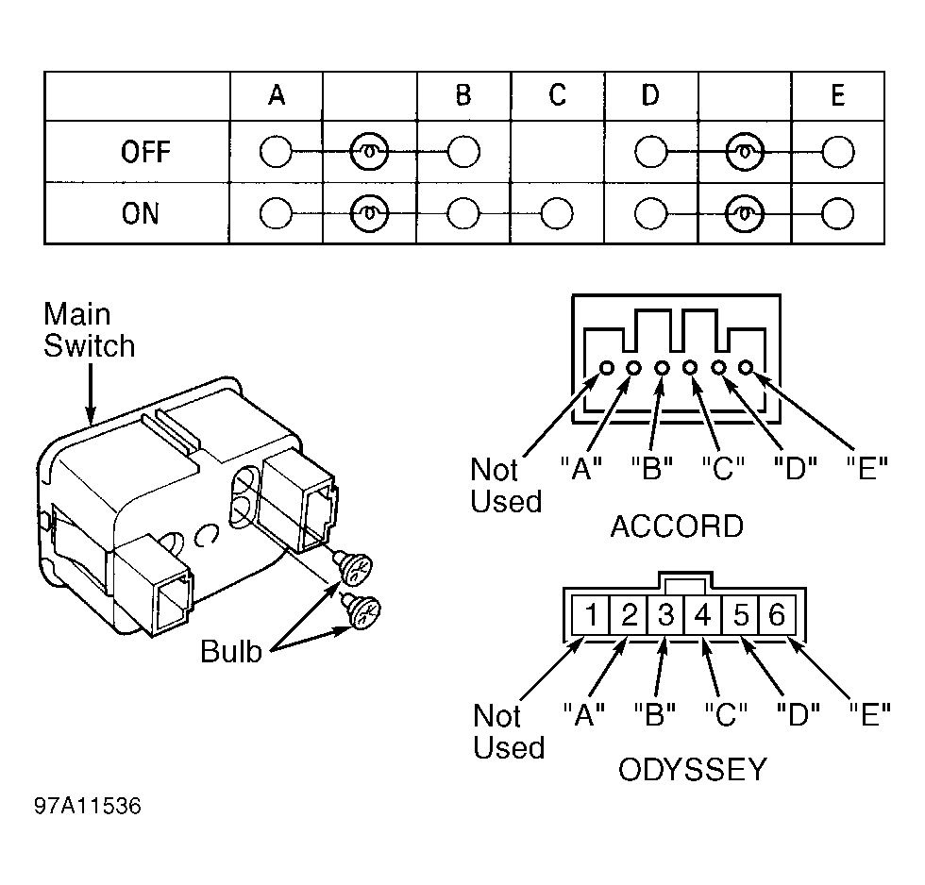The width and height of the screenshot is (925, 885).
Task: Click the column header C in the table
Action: coord(558,95)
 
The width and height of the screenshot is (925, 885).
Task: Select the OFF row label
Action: coord(145,152)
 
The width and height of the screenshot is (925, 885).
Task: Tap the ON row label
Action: coord(141,213)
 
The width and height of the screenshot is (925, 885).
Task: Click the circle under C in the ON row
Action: coord(556,213)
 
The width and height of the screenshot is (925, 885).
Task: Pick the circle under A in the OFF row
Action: coord(276,152)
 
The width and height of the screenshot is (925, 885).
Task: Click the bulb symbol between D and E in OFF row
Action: coord(745,152)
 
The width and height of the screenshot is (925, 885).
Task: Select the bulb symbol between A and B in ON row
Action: coord(369,213)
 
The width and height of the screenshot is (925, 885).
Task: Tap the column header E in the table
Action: coord(838,95)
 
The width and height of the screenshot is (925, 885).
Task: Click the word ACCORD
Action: coord(677,526)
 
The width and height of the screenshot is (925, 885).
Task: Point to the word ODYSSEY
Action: coord(692,770)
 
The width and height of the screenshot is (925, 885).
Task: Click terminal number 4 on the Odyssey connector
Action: coord(702,615)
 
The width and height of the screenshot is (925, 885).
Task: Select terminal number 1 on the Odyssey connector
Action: coord(592,615)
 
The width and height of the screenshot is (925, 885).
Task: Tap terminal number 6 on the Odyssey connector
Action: coord(776,615)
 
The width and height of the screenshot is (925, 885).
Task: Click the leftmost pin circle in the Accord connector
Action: coord(606,368)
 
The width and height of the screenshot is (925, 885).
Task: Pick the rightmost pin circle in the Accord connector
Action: coord(747,367)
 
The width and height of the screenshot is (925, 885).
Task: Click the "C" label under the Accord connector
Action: coord(723,469)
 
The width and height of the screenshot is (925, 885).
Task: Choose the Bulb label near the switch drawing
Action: coord(230,652)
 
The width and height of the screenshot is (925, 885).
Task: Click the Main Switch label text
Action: coord(89,330)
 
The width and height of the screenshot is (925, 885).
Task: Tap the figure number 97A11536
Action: coord(87,806)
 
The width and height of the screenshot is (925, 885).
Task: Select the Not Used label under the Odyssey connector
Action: coord(509,732)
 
